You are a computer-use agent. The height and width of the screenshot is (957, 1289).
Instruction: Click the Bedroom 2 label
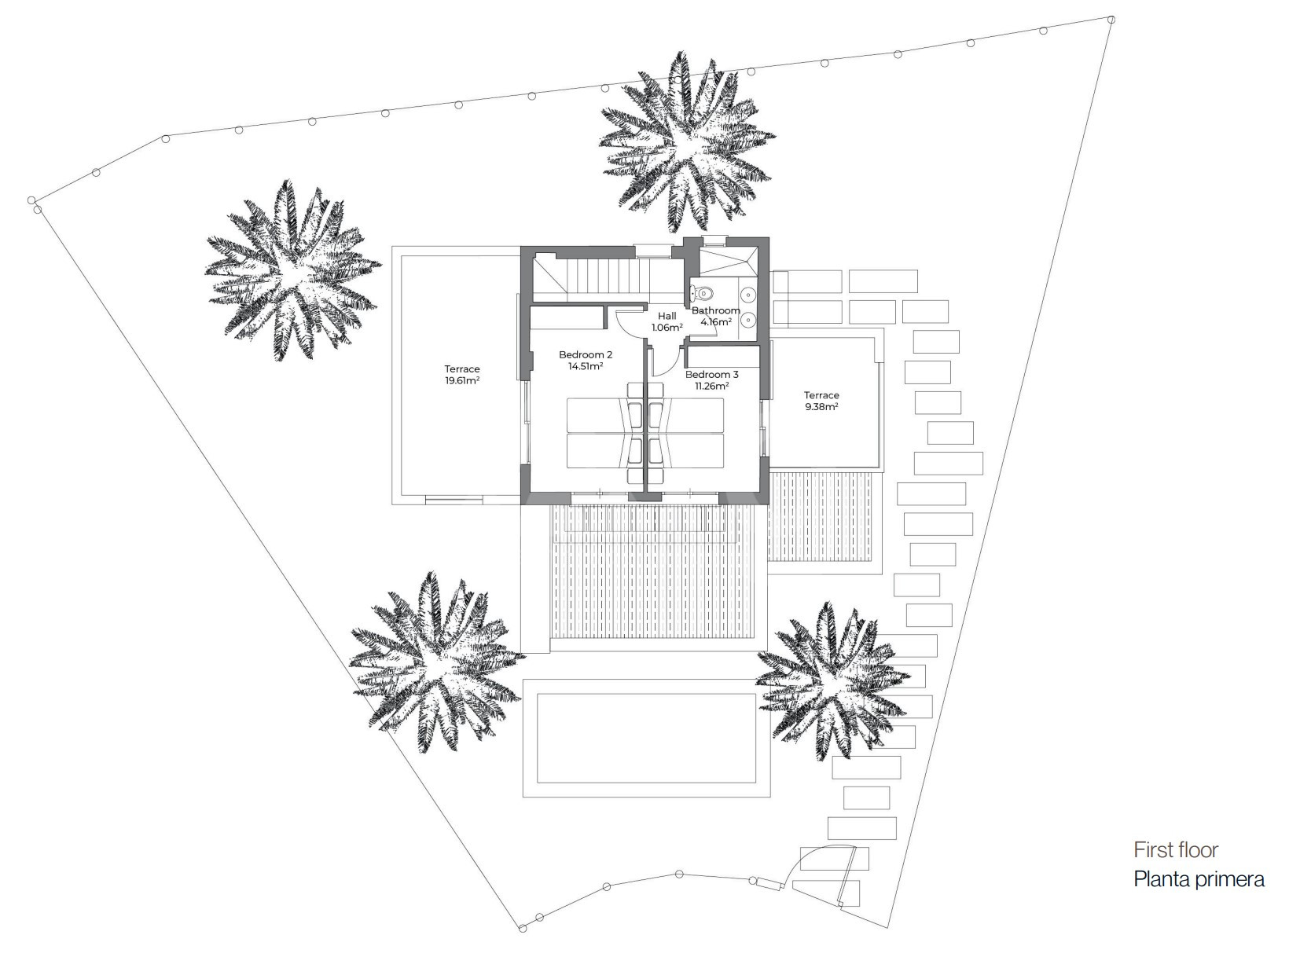pyautogui.click(x=586, y=354)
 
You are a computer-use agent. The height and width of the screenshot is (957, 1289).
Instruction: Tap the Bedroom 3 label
pyautogui.click(x=711, y=375)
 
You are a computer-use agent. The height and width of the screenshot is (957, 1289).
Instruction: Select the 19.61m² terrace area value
pyautogui.click(x=462, y=380)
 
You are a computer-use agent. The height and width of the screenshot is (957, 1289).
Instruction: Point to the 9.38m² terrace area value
pyautogui.click(x=821, y=407)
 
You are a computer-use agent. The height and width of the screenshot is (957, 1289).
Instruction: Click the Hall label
pyautogui.click(x=667, y=316)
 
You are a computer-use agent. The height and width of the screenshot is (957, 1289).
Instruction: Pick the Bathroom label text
pyautogui.click(x=715, y=310)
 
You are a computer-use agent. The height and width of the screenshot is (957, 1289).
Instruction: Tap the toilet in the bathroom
pyautogui.click(x=701, y=293)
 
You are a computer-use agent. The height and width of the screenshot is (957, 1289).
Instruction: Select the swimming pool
pyautogui.click(x=645, y=738)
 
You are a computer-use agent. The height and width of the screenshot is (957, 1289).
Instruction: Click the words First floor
pyautogui.click(x=1176, y=850)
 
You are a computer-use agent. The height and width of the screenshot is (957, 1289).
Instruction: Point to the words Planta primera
pyautogui.click(x=1199, y=879)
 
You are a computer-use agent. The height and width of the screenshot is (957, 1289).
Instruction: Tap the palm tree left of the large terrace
pyautogui.click(x=292, y=270)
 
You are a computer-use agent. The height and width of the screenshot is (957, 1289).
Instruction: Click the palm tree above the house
pyautogui.click(x=688, y=142)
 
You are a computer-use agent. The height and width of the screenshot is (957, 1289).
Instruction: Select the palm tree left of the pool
pyautogui.click(x=437, y=662)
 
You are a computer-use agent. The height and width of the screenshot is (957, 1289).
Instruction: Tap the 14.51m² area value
pyautogui.click(x=586, y=366)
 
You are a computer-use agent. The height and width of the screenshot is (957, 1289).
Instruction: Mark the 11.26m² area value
pyautogui.click(x=711, y=386)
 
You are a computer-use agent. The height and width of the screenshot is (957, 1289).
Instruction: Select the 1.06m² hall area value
pyautogui.click(x=667, y=327)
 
